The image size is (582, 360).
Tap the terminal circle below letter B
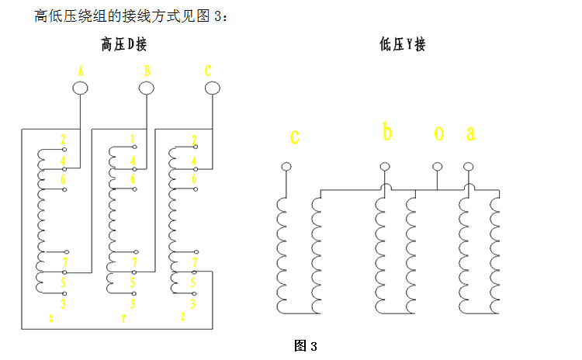[146, 88]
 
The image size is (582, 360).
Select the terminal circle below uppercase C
[211, 88]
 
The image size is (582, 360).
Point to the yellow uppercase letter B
[146, 70]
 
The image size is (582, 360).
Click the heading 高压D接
[123, 45]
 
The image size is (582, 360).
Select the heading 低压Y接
[403, 45]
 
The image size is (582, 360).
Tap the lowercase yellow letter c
[295, 138]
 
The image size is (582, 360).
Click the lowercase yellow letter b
[387, 133]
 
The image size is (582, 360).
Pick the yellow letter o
[438, 134]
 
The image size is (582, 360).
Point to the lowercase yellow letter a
[470, 134]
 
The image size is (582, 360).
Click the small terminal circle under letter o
[437, 167]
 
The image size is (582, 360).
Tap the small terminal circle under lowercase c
[286, 167]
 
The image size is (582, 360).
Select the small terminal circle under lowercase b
[385, 167]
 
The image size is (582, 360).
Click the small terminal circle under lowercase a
[468, 167]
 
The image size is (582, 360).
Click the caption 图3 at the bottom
[306, 346]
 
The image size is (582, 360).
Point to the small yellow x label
[50, 318]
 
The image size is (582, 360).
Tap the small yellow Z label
[182, 317]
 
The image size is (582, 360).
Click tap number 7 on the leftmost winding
[63, 262]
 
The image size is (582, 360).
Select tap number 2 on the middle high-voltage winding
[133, 140]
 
